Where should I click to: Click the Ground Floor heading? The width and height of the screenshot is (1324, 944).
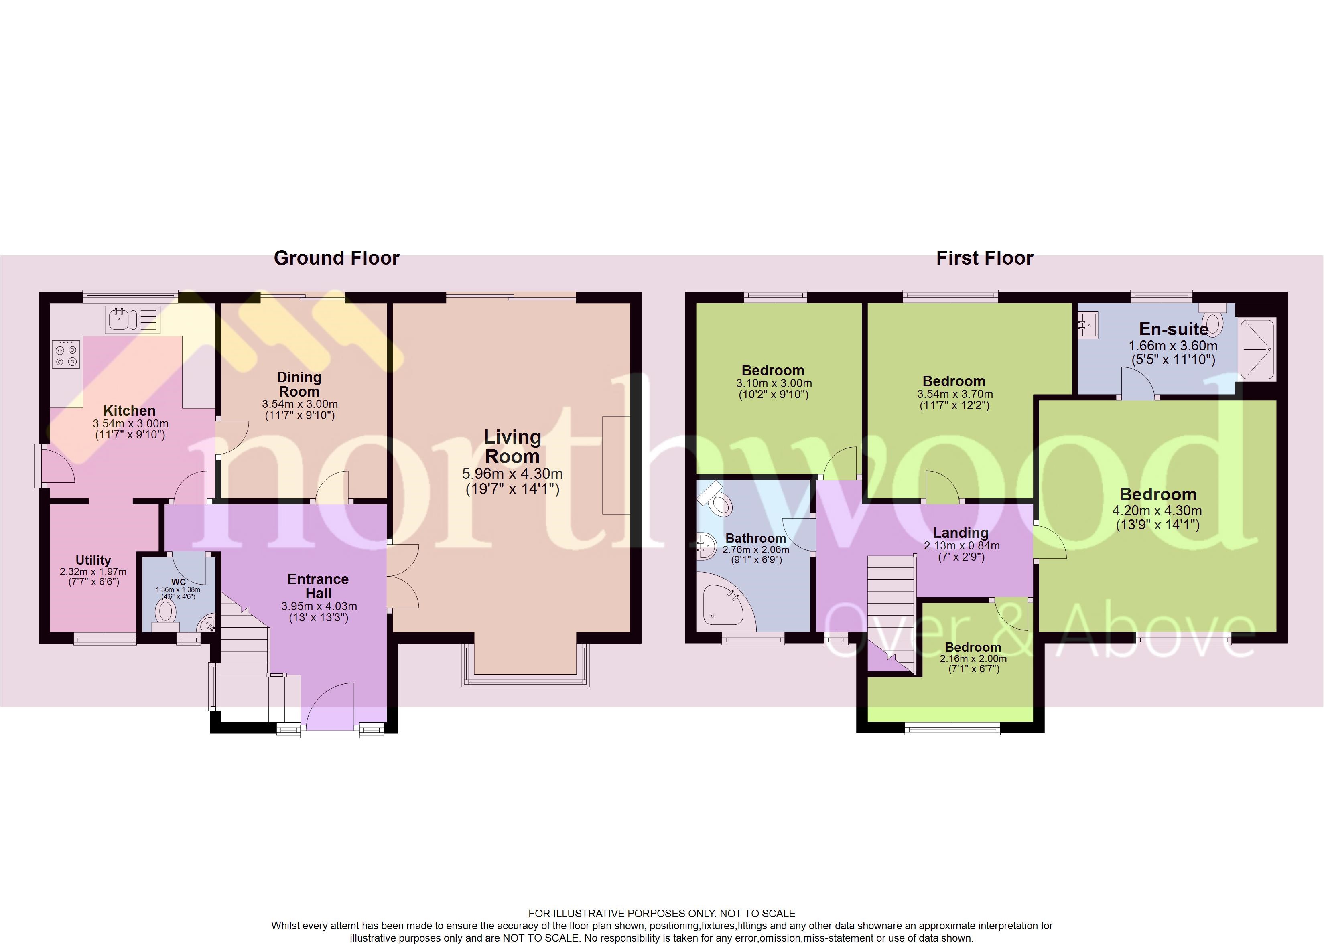[336, 258]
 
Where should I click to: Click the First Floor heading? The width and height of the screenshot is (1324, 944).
[985, 258]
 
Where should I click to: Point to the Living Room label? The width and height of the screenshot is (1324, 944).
[512, 446]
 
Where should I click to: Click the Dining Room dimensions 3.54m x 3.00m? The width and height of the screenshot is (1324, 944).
[299, 404]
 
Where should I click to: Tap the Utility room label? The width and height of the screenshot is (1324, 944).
[93, 560]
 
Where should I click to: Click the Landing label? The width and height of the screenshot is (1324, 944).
[961, 533]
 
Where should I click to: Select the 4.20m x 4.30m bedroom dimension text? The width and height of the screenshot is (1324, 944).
[1157, 511]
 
